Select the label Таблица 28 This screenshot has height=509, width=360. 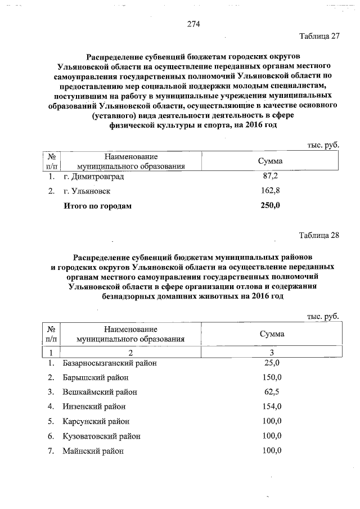pyautogui.click(x=319, y=235)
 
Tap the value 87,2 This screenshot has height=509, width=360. pyautogui.click(x=271, y=177)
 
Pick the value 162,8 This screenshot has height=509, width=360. pyautogui.click(x=271, y=191)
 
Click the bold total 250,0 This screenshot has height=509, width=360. pyautogui.click(x=271, y=206)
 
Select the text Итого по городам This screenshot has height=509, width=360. pyautogui.click(x=97, y=206)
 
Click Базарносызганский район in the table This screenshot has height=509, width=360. pyautogui.click(x=110, y=363)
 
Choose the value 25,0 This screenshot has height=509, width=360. pyautogui.click(x=272, y=363)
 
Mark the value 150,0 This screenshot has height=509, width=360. pyautogui.click(x=272, y=377)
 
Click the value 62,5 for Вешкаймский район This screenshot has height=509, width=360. pyautogui.click(x=272, y=392)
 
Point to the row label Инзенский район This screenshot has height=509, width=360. pyautogui.click(x=94, y=407)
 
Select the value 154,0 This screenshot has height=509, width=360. pyautogui.click(x=272, y=407)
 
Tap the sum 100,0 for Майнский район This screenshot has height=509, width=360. pyautogui.click(x=272, y=451)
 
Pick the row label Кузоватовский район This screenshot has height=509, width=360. pyautogui.click(x=102, y=436)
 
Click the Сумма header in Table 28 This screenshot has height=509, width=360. pyautogui.click(x=272, y=334)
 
